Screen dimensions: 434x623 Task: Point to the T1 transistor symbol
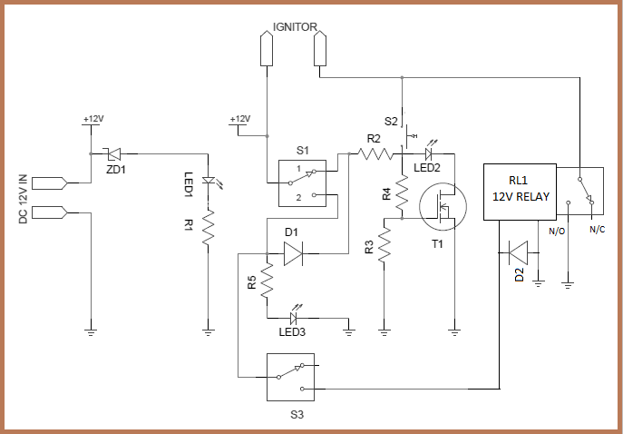(442, 208)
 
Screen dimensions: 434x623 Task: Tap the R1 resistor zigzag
(209, 228)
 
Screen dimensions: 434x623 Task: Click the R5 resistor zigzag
(268, 282)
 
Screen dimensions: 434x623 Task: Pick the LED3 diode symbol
(294, 318)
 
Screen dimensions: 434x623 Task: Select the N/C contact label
(597, 232)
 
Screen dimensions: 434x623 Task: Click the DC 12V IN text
(23, 199)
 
